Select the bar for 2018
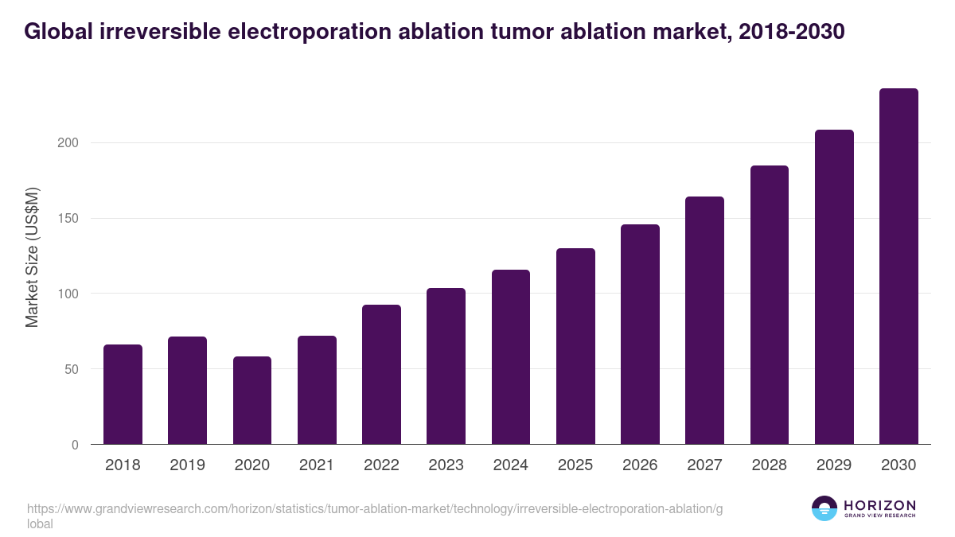(x=123, y=395)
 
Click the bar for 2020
(x=252, y=400)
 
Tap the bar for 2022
(x=381, y=375)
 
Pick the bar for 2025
(x=575, y=346)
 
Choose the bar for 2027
(x=704, y=321)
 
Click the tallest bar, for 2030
(x=898, y=267)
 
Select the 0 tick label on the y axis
(x=75, y=445)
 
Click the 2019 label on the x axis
(x=187, y=465)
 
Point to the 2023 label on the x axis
(x=446, y=465)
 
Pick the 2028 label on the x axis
(x=770, y=465)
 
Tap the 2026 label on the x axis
(x=640, y=465)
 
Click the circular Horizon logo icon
(x=824, y=508)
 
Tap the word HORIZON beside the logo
(x=879, y=505)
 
